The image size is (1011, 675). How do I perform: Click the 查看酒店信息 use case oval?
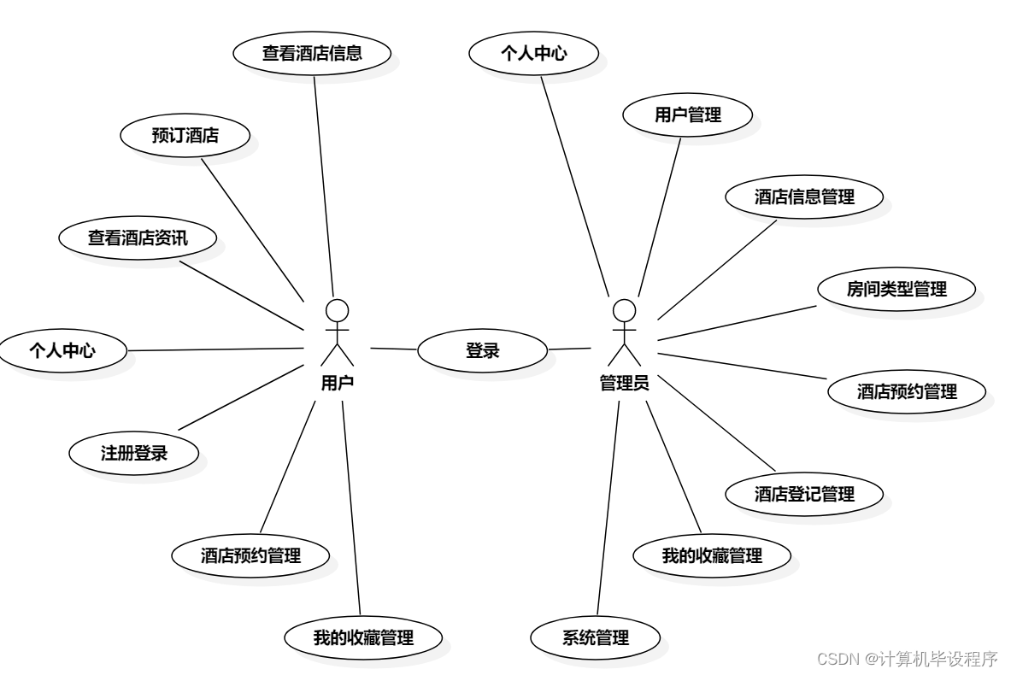coord(312,53)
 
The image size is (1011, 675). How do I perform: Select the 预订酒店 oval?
coord(185,135)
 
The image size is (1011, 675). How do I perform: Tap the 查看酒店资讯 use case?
coord(138,238)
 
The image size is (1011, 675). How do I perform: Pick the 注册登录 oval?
coord(134,453)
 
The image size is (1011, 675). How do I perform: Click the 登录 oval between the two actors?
coord(482,349)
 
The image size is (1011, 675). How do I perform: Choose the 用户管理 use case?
coord(688,114)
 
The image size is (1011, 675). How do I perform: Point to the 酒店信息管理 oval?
coord(804,197)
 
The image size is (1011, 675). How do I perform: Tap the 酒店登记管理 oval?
coord(804,494)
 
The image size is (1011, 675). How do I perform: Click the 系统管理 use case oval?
coord(596,637)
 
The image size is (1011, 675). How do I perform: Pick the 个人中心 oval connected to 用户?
coord(62,349)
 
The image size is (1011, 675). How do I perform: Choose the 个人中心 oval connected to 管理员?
coord(534,53)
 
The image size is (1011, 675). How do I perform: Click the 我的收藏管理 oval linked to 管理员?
coord(712,555)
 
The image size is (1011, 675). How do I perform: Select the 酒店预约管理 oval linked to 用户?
coord(250,555)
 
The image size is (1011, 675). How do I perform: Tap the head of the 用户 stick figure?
coord(338,308)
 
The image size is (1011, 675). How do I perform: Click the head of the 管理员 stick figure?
coord(625,308)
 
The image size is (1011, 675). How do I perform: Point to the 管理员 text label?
coord(624,384)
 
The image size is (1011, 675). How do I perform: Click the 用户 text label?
coord(338,384)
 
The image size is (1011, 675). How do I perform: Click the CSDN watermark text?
coord(908,659)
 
